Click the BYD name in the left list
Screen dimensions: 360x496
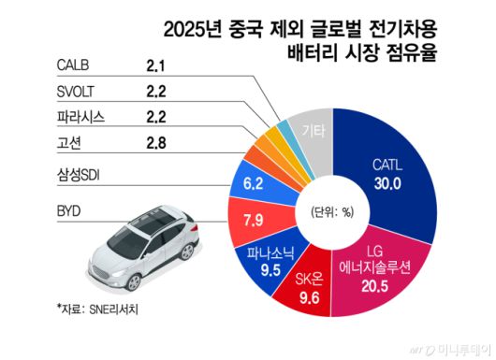(x=72, y=212)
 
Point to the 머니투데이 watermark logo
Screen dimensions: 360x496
(x=449, y=349)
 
